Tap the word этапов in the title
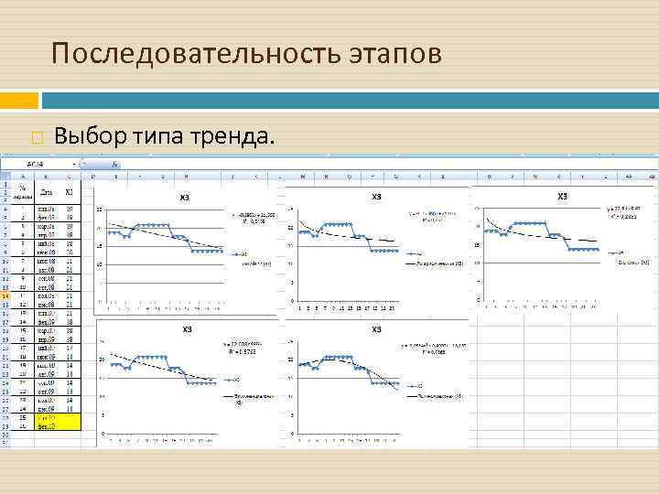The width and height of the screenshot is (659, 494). click(394, 54)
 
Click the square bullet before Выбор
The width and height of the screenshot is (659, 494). click(37, 139)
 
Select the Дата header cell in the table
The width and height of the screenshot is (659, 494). click(47, 192)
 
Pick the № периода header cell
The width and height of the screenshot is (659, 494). click(22, 192)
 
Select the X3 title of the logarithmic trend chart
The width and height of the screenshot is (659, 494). click(375, 197)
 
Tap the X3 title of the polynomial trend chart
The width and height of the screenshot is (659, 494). click(375, 329)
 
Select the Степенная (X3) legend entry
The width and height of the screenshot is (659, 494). click(632, 262)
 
